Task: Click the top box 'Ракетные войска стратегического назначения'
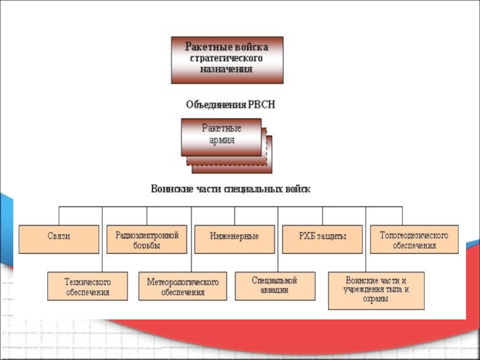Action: pos(227,60)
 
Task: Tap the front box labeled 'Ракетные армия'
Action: pos(221,136)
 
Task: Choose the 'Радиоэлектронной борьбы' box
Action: pos(147,239)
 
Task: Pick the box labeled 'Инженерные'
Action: pos(235,236)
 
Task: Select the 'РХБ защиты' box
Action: pos(322,236)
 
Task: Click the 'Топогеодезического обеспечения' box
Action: pos(414,239)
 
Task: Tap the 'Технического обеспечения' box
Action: pos(88,286)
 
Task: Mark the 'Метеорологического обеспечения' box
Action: pos(183,286)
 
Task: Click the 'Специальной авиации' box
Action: pos(275,285)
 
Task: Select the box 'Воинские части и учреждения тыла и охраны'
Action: pos(376,290)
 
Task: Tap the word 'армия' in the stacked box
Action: pos(221,140)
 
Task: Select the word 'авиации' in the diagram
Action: pos(275,290)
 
